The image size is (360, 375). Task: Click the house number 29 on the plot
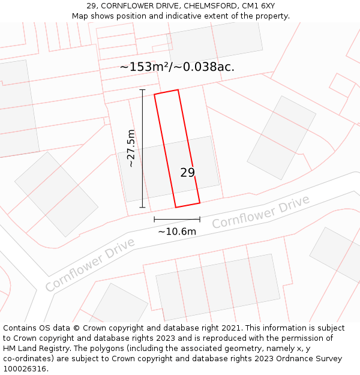[187, 173]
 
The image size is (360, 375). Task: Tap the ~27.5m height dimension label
[131, 148]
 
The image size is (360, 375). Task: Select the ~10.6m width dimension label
[177, 232]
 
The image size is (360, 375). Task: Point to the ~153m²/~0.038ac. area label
[177, 67]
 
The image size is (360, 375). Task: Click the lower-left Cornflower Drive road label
[90, 265]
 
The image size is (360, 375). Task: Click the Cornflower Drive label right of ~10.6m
[261, 211]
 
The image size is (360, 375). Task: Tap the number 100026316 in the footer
[24, 368]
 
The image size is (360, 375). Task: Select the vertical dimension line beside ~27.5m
[142, 148]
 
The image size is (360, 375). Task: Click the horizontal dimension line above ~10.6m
[177, 220]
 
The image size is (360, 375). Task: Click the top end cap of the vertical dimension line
[142, 90]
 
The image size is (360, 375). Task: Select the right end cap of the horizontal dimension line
[200, 220]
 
